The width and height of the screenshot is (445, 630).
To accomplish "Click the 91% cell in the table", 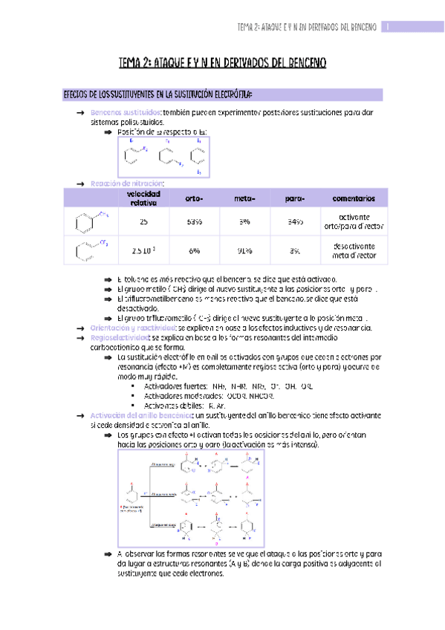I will pos(244,250).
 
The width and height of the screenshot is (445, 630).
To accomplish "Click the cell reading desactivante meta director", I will pos(354,250).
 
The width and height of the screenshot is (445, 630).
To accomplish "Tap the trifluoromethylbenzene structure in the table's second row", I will pos(91,250).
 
